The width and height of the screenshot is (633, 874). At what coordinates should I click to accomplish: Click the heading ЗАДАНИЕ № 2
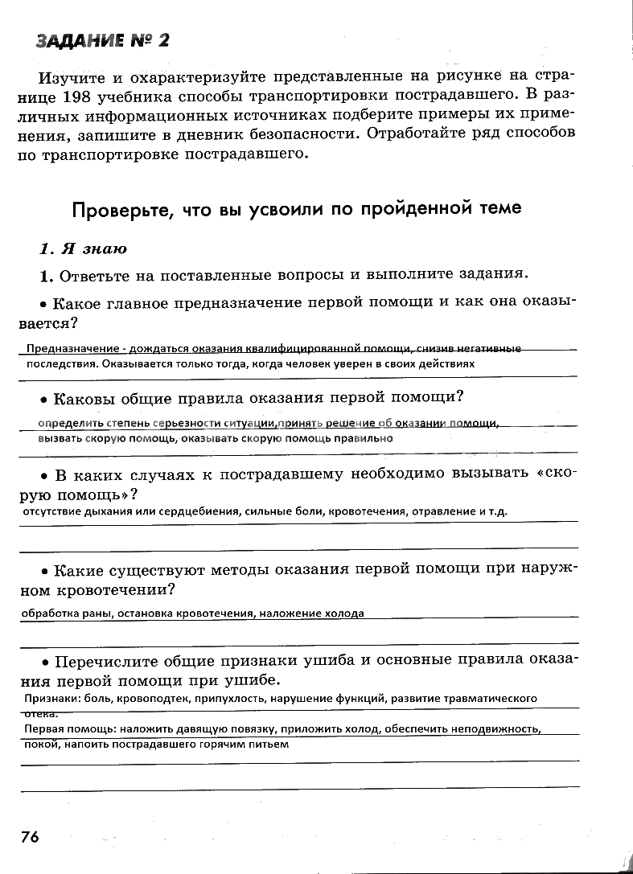point(102,41)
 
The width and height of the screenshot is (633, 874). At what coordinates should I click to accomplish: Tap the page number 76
point(30,836)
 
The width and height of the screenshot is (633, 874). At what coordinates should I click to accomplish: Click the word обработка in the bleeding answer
point(47,613)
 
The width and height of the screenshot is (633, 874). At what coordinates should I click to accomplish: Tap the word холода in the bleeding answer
point(347,613)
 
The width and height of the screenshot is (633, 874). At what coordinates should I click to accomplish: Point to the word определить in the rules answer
point(68,423)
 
